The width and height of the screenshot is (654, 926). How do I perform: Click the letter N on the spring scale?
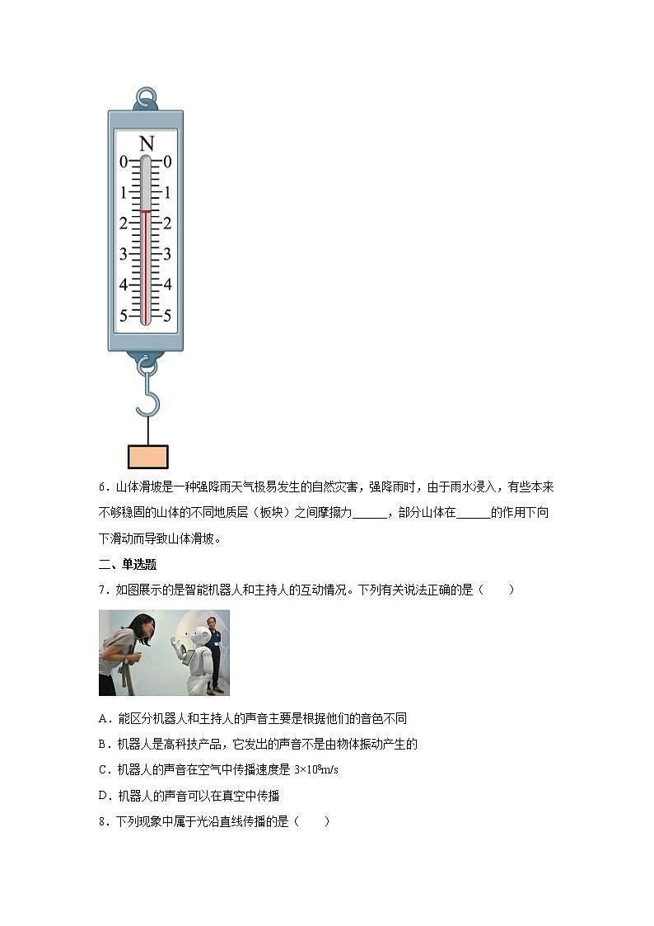[x=146, y=143]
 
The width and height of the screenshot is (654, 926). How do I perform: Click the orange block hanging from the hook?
[x=148, y=457]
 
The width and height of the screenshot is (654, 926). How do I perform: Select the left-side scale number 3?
[x=124, y=254]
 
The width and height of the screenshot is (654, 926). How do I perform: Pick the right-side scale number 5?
[x=167, y=315]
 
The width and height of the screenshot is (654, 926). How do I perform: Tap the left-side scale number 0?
[x=124, y=162]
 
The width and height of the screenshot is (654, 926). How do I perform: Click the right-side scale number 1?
[x=167, y=193]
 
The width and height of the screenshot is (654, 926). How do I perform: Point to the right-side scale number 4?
[x=167, y=284]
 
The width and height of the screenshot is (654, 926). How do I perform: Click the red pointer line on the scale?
[x=146, y=212]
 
